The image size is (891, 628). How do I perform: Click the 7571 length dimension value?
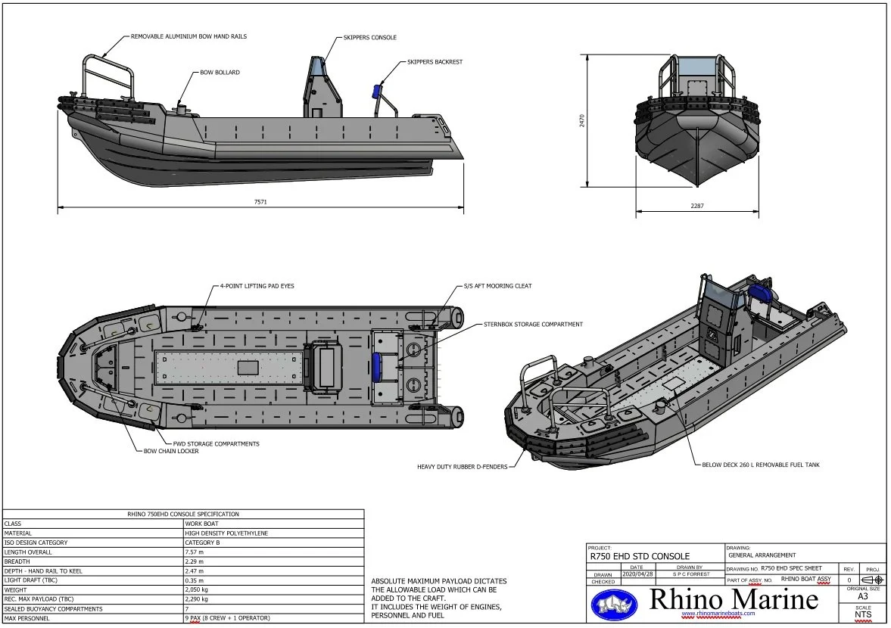260,202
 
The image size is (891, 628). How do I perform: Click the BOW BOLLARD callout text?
220,73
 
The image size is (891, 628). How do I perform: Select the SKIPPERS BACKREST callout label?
435,62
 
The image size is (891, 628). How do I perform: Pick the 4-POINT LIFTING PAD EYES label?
257,286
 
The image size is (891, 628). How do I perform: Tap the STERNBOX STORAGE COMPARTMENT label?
533,324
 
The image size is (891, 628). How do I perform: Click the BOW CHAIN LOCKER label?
171,451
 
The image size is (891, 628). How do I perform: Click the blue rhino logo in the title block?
614,603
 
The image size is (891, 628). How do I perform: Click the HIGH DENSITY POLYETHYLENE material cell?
226,533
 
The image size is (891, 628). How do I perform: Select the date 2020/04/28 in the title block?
636,574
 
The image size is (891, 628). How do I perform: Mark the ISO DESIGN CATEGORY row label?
36,543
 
